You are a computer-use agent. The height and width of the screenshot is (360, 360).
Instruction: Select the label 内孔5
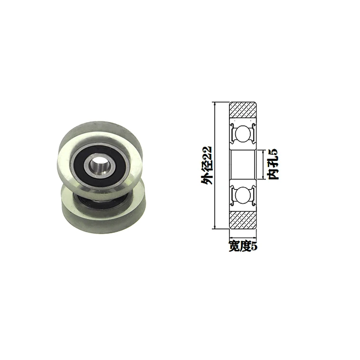click(273, 164)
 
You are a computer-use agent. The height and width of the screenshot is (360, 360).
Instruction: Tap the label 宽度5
click(243, 246)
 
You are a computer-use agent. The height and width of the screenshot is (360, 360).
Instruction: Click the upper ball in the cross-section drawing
click(243, 134)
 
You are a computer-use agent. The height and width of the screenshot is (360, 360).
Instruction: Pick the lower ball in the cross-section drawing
click(243, 195)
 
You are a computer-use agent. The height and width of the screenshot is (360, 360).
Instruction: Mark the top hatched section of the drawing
click(243, 110)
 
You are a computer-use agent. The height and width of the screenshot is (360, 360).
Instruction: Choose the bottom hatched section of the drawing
click(243, 220)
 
